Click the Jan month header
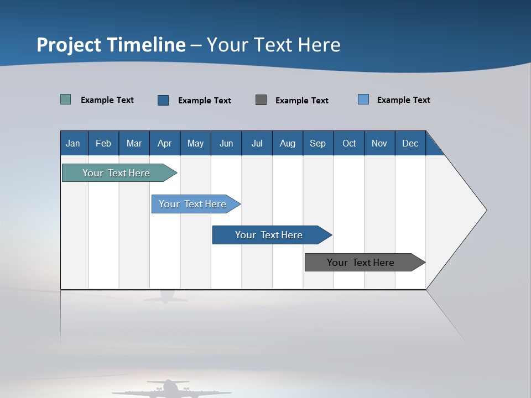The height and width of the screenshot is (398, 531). click(74, 143)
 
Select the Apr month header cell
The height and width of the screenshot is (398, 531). click(165, 143)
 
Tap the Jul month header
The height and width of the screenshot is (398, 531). click(257, 143)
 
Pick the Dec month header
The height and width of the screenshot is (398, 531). click(410, 143)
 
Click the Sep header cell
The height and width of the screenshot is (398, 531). click(318, 143)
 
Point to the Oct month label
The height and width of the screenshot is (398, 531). click(349, 143)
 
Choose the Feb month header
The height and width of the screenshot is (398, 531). click(103, 143)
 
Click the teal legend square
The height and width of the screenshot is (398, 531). click(66, 99)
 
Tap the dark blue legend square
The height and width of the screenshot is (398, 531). click(163, 100)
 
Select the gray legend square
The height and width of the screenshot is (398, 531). click(261, 99)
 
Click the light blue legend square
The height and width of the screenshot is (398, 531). click(363, 99)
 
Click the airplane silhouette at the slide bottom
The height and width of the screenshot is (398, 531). click(169, 389)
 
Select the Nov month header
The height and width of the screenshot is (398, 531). click(379, 143)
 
